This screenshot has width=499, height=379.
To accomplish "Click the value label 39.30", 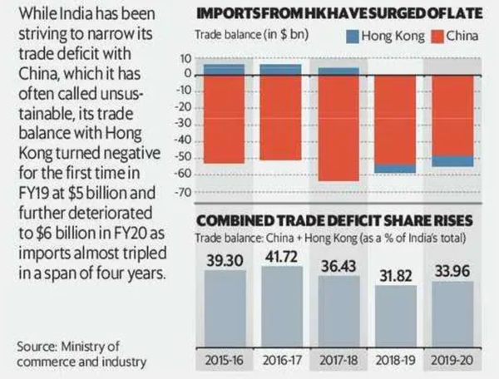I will (225, 258).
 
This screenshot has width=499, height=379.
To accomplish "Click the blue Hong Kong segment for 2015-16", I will (225, 68).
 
